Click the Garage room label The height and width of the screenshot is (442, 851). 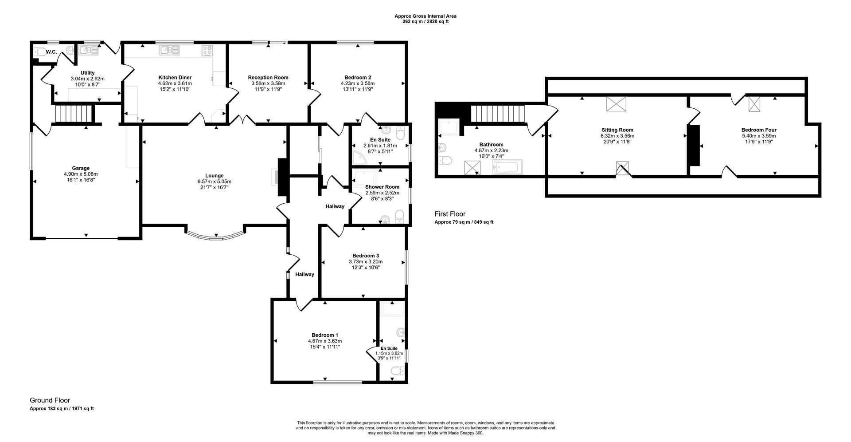tap(81, 168)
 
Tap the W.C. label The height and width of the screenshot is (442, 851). tap(51, 52)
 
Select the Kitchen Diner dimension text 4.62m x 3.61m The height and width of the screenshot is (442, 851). tap(175, 83)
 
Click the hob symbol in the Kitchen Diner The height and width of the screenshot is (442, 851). tap(207, 51)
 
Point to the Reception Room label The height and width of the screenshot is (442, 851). tap(268, 77)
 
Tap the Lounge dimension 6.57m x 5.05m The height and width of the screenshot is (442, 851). tap(214, 182)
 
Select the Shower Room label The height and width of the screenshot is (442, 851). tap(382, 187)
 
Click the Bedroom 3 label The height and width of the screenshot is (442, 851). tap(365, 256)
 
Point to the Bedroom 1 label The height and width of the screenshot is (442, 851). tap(324, 335)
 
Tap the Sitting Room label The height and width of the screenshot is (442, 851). tap(617, 130)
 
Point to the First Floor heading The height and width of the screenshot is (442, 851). tap(450, 214)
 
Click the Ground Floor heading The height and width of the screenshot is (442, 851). tap(50, 400)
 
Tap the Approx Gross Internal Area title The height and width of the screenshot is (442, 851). tap(425, 16)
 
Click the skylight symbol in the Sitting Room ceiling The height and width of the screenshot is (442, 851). tap(616, 103)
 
